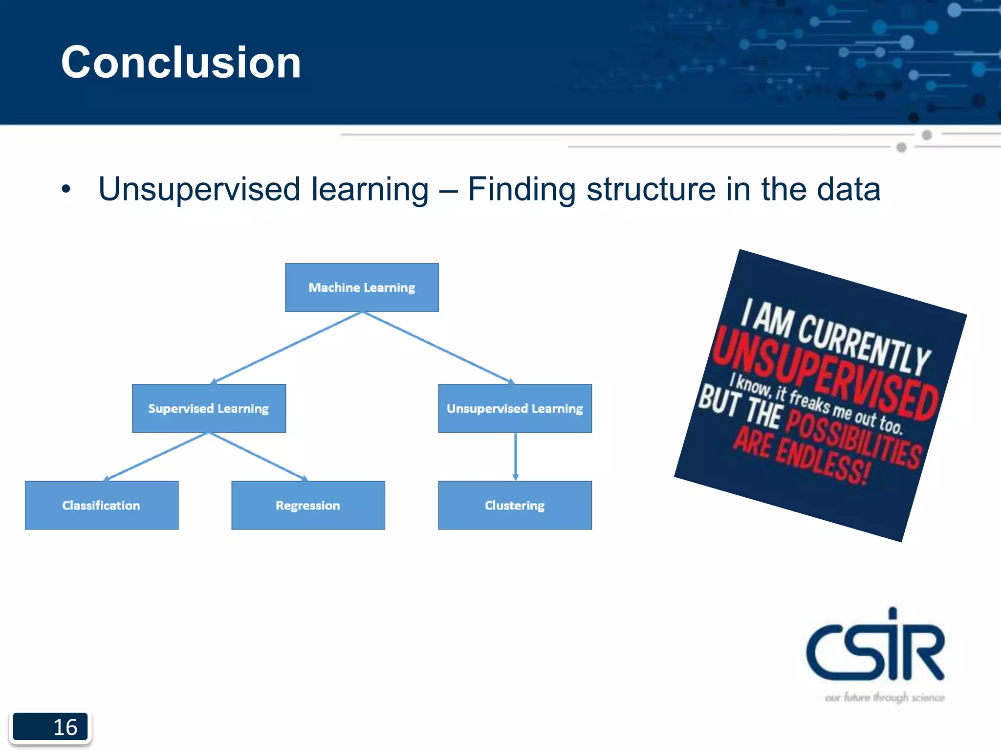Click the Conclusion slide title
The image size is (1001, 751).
coord(181,62)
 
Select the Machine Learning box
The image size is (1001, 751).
coord(362,287)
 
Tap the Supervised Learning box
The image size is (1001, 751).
coord(209,408)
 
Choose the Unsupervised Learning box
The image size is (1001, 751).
coord(515,408)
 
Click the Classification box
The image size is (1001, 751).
coord(102,505)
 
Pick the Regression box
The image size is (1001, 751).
coord(308,505)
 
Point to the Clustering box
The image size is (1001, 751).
coord(515,505)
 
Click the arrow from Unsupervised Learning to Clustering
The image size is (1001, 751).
coord(515,456)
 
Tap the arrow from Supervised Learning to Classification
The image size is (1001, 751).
coord(156,456)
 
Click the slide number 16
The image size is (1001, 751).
coord(65,727)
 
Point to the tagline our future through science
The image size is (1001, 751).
coord(885,697)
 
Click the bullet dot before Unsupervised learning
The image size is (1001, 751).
coord(66,189)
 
